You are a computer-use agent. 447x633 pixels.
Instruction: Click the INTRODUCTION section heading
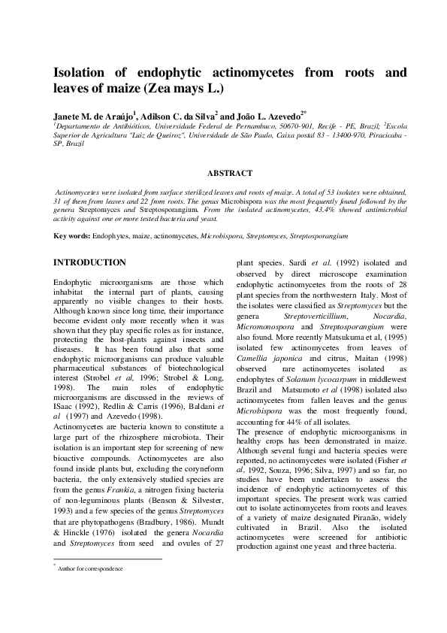(x=89, y=262)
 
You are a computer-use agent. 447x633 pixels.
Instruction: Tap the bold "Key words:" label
(x=72, y=236)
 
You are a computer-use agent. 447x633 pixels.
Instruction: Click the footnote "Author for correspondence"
(x=90, y=569)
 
